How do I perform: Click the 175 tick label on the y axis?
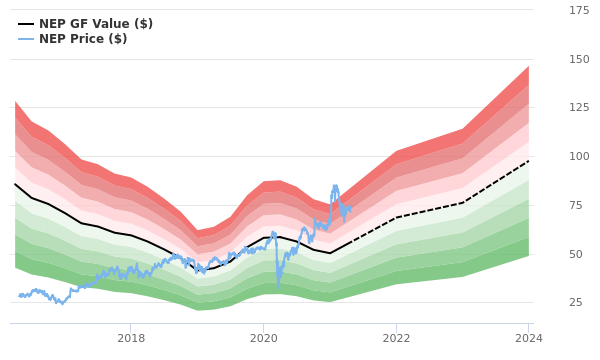(579, 10)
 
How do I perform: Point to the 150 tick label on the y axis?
(579, 59)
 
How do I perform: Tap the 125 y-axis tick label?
(579, 108)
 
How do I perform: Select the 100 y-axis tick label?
(579, 156)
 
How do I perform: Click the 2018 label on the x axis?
(131, 338)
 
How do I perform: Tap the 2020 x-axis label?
(263, 338)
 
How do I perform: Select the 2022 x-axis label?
(396, 338)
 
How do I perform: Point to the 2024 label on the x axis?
(529, 338)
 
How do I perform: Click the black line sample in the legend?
(26, 24)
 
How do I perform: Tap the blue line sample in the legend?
(26, 39)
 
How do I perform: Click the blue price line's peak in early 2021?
(336, 186)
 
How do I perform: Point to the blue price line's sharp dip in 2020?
(278, 286)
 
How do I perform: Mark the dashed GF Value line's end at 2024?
(529, 161)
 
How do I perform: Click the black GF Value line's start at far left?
(15, 184)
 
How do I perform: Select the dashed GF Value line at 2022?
(396, 218)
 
